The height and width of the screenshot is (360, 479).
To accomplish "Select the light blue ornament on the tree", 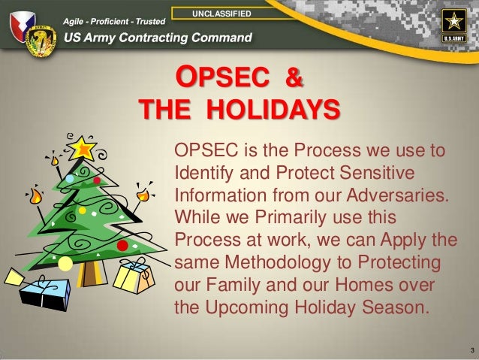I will [x=70, y=179].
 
